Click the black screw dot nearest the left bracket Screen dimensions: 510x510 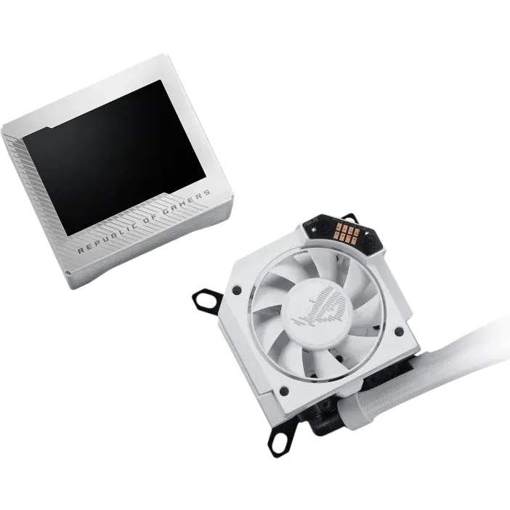click(237, 289)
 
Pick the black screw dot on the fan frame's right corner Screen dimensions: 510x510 click(399, 332)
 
